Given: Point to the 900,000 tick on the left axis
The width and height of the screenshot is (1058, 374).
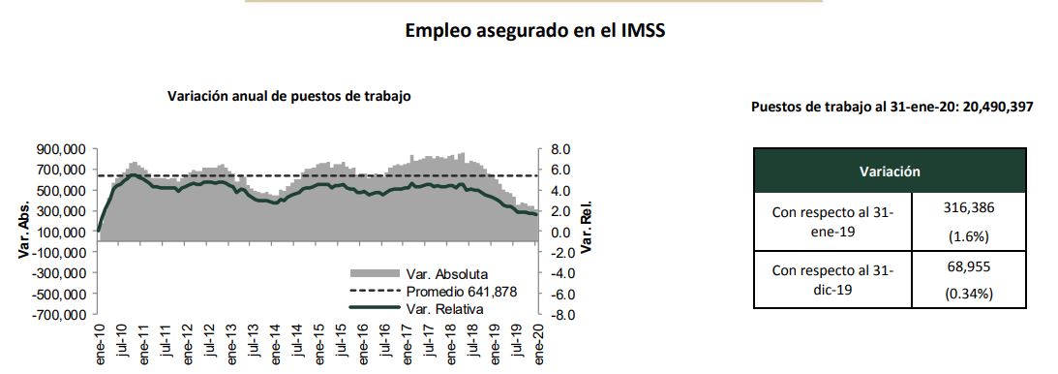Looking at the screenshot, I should coord(62,150).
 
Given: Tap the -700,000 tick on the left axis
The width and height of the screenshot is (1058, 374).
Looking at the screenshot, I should coord(60,315).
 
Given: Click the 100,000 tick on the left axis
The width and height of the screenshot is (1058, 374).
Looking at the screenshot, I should coord(62,233).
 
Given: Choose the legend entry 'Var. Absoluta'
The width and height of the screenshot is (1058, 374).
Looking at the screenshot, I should coord(446,273).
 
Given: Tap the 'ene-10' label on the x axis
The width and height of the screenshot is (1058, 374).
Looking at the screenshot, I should coord(100,342).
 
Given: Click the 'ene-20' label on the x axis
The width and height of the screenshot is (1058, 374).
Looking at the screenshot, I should coord(537,342).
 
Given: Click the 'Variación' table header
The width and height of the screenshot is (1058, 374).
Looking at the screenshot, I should coord(889,171).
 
